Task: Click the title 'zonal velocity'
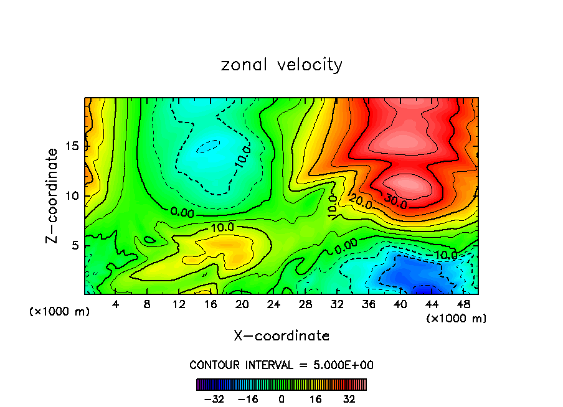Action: [x=281, y=65]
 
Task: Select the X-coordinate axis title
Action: [x=281, y=336]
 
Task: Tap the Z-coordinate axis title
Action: [x=52, y=195]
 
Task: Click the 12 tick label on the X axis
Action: [x=179, y=304]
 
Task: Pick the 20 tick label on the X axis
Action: [x=242, y=304]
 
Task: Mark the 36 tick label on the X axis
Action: [x=368, y=304]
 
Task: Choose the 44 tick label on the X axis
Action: [x=432, y=304]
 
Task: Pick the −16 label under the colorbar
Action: [x=248, y=399]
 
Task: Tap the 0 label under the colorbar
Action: [x=281, y=399]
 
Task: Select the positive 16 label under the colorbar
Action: [x=315, y=399]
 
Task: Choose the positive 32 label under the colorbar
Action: [x=349, y=399]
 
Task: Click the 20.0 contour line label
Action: [x=361, y=202]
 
